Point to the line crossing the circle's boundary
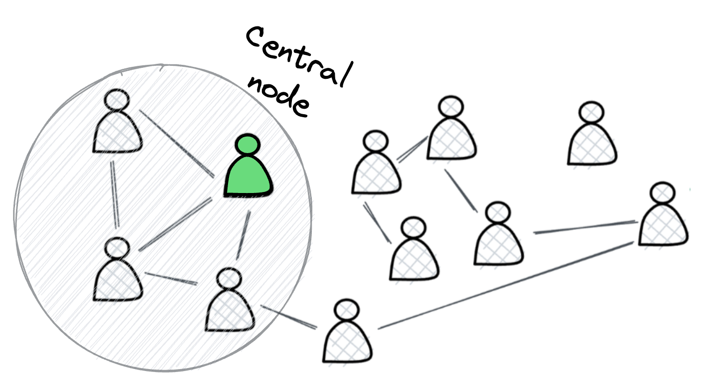click(x=288, y=317)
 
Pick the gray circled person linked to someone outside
click(x=230, y=304)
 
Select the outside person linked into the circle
click(x=347, y=334)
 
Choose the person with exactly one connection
click(x=414, y=252)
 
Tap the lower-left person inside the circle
click(x=118, y=272)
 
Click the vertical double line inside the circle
click(x=116, y=194)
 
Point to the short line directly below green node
click(x=243, y=234)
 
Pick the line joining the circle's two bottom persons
click(x=171, y=278)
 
